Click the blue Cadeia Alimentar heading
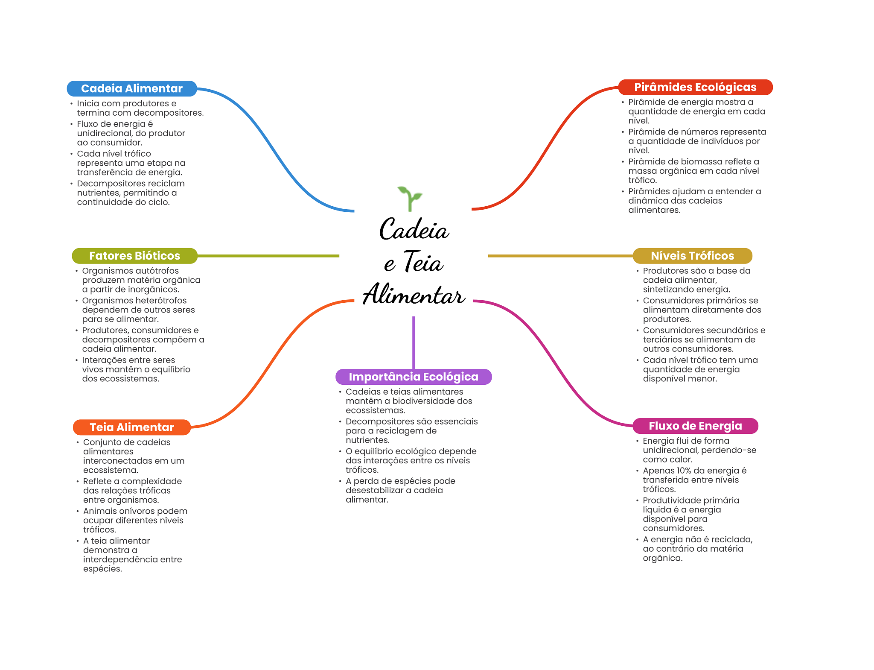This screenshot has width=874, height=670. [132, 88]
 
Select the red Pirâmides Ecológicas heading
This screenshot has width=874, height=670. [695, 87]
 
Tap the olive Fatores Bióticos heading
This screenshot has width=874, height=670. [134, 256]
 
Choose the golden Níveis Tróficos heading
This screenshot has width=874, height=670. [692, 256]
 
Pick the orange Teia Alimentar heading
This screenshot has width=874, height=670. [132, 427]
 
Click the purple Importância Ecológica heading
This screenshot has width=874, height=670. [414, 377]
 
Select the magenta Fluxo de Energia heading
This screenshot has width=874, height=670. [695, 426]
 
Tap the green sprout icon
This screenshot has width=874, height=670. [410, 199]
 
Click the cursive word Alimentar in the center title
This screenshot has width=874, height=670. [414, 295]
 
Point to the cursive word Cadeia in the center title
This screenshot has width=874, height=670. [414, 230]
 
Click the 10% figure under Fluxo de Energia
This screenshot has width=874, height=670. [685, 471]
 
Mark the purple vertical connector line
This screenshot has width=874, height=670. [414, 342]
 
